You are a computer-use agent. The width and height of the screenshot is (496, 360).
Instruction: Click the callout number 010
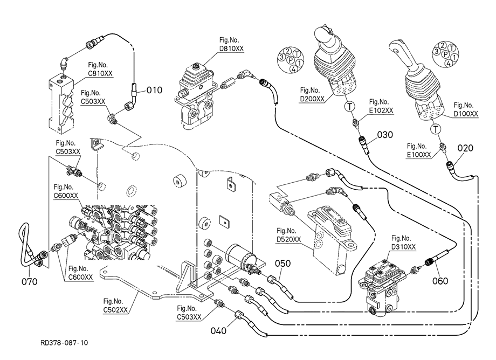pos(154,90)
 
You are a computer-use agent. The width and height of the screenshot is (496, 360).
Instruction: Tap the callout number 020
pos(466,148)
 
